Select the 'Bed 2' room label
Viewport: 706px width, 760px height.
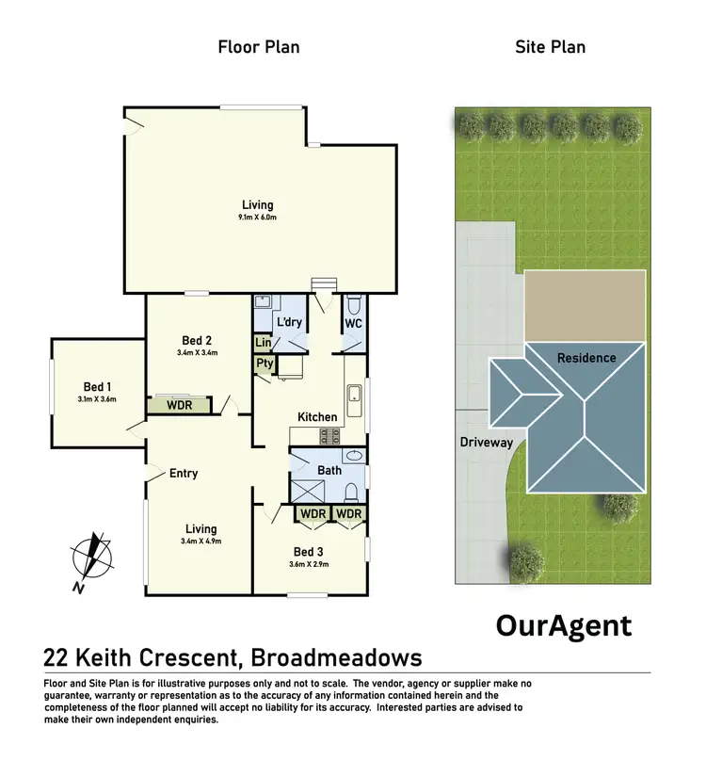coord(196,340)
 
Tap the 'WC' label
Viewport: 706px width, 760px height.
coord(353,323)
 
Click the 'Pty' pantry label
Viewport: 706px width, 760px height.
coord(264,363)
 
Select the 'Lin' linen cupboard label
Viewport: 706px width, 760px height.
coord(263,343)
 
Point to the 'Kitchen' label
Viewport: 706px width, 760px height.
coord(317,416)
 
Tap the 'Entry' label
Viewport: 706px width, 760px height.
coord(184,473)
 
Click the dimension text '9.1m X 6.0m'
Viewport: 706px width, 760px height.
coord(257,218)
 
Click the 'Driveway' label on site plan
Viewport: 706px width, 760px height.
coord(487,441)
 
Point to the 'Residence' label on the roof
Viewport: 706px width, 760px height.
coord(586,358)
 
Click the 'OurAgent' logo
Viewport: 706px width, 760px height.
coord(563,625)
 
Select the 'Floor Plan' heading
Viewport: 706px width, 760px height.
coord(259,45)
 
